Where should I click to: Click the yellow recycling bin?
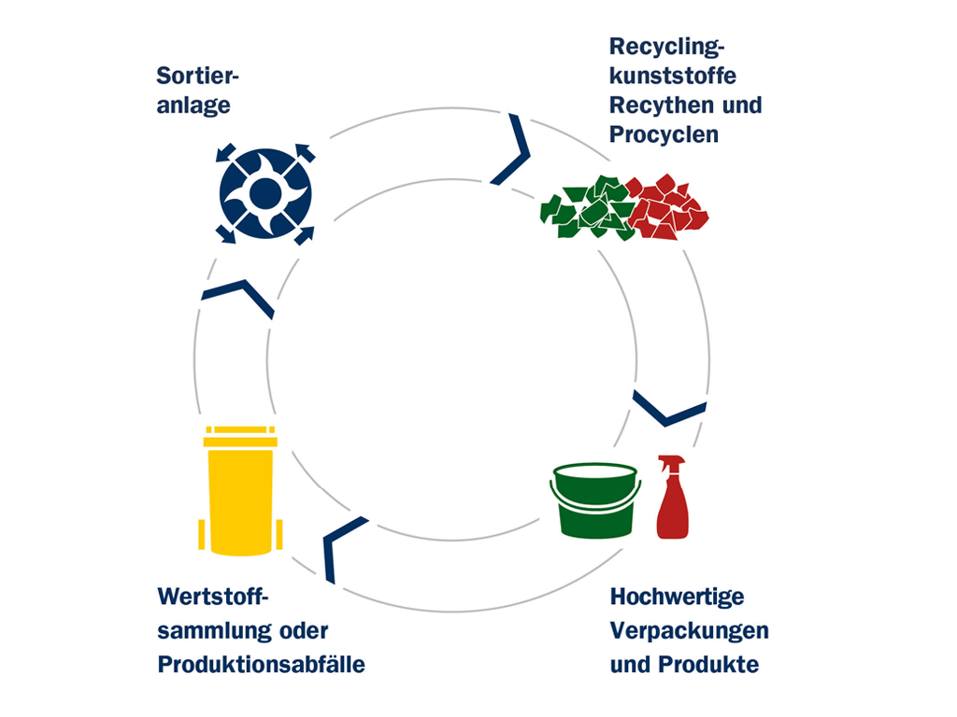(240, 491)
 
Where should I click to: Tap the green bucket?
(595, 500)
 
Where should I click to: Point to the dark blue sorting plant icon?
(265, 194)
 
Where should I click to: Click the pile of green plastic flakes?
(587, 208)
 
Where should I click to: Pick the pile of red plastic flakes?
(667, 207)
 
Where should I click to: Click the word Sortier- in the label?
(198, 77)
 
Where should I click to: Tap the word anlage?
(193, 105)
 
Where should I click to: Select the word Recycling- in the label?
(666, 47)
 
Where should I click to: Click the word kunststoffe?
(673, 77)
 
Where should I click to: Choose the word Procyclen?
(664, 134)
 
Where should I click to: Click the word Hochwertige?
(677, 597)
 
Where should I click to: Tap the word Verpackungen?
(689, 631)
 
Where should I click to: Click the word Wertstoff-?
(213, 597)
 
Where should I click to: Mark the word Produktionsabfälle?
(262, 665)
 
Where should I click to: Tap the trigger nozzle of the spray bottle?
(671, 461)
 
